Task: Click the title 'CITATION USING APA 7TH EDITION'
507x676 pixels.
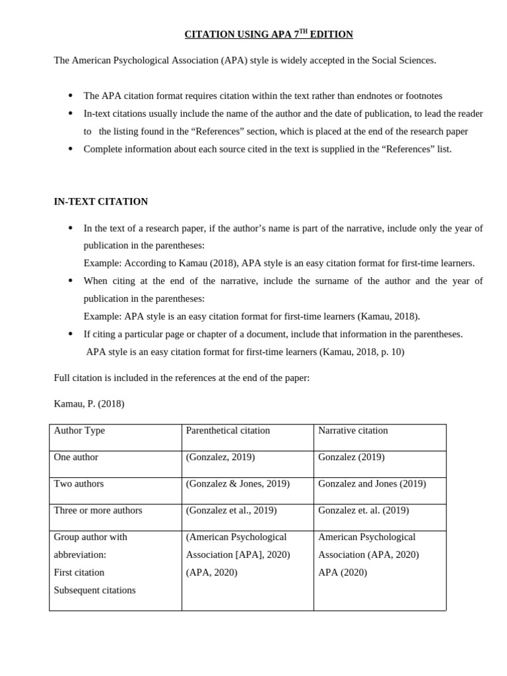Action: [x=269, y=34]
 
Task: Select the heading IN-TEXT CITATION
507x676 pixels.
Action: [x=100, y=201]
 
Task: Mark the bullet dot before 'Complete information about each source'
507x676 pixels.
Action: [x=71, y=149]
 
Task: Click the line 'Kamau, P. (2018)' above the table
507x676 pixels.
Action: [x=88, y=403]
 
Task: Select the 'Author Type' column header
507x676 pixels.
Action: [x=79, y=430]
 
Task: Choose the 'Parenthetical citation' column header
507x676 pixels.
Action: [x=228, y=430]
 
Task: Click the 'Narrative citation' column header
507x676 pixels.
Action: [x=353, y=430]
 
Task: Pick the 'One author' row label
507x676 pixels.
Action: [x=76, y=457]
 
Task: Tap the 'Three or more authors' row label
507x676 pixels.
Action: [x=98, y=510]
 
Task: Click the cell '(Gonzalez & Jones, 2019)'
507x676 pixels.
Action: [x=238, y=483]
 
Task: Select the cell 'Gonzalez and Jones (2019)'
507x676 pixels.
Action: [x=372, y=483]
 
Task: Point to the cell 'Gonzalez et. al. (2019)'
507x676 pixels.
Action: [x=363, y=510]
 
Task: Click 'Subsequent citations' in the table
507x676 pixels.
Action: [x=94, y=590]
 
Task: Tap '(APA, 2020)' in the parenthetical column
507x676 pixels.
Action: [x=211, y=572]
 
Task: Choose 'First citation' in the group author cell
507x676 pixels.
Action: [x=79, y=572]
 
